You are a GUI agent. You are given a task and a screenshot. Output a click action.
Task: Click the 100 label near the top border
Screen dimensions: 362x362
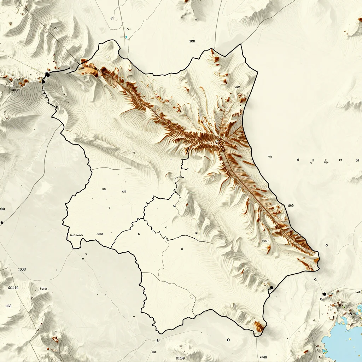[192, 41]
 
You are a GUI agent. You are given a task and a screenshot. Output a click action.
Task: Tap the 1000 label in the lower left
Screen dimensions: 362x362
[22, 269]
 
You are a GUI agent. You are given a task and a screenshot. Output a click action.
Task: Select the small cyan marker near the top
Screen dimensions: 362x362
[126, 36]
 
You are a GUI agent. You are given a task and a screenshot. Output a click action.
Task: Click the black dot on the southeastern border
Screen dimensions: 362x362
[271, 288]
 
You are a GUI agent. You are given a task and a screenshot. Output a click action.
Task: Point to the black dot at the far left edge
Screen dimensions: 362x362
[2, 222]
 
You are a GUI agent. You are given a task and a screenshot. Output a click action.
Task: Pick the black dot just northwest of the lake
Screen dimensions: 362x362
[324, 294]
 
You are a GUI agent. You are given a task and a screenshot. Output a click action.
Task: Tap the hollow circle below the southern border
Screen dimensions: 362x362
[228, 340]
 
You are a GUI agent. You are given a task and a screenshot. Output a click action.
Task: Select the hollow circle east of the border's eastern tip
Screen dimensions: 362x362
[327, 245]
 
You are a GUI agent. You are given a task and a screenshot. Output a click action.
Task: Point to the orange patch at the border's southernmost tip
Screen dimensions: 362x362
[259, 327]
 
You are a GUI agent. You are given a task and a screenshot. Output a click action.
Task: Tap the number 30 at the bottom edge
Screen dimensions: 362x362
[154, 352]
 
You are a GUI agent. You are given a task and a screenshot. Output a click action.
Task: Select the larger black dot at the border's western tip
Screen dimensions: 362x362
[47, 74]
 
